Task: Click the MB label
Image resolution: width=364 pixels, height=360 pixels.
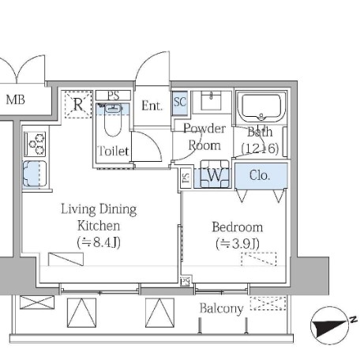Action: coord(15,99)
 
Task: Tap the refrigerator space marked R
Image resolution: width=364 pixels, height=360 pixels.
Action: coord(78,104)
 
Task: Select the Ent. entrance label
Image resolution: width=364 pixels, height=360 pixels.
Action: coord(152,106)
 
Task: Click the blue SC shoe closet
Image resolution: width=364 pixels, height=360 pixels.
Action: coord(180,103)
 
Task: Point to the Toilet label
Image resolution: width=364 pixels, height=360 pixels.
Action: coord(113,151)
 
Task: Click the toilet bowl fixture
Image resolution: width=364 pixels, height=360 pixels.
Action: coord(113,120)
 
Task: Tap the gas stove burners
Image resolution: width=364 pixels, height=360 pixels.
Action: coord(35,144)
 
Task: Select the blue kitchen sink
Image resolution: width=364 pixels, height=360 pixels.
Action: coord(35,174)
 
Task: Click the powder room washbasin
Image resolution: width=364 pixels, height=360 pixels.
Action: coord(211,100)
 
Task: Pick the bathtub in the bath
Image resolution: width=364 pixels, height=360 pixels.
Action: coord(261,107)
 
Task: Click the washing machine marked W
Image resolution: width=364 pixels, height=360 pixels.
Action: coord(215,174)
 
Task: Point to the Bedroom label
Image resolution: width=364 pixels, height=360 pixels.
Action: coord(238,227)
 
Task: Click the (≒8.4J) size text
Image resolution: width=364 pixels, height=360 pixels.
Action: coord(99,242)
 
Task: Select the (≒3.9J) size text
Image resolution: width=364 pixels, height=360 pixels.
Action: coord(238,244)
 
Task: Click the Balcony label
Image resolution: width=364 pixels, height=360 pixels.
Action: coord(221,309)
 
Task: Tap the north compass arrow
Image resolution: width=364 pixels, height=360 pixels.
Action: coord(331,325)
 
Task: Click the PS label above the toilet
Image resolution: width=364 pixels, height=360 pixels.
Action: coord(113,96)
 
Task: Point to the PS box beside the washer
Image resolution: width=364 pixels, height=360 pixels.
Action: coord(186,178)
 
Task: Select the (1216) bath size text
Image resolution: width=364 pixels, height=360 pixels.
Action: coord(260,148)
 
